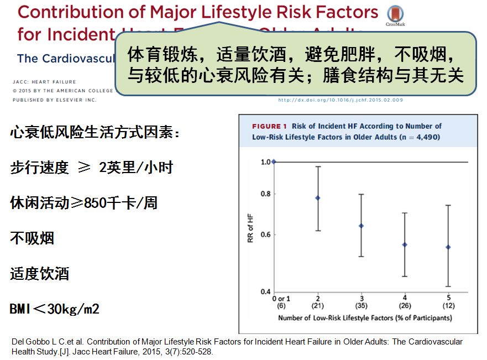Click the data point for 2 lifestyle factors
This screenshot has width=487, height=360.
coord(318,198)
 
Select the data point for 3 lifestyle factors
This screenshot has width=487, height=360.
coord(362,226)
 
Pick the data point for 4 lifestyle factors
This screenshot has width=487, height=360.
coord(405,244)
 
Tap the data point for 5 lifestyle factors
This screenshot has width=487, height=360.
coord(448,247)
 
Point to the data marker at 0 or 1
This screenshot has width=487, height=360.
coord(274,162)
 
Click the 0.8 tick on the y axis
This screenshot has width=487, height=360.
coord(265,194)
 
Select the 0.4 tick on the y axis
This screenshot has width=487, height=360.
coord(265,292)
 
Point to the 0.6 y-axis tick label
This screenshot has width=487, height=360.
coord(265,235)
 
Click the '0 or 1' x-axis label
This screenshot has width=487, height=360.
coord(281,299)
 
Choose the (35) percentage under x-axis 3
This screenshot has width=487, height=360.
coord(362,306)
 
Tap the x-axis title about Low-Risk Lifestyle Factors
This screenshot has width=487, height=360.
coord(365,318)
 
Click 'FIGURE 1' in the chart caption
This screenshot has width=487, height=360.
coord(270,127)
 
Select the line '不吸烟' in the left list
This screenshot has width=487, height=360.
coord(32,239)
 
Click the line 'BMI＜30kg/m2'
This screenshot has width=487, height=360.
coord(55,309)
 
